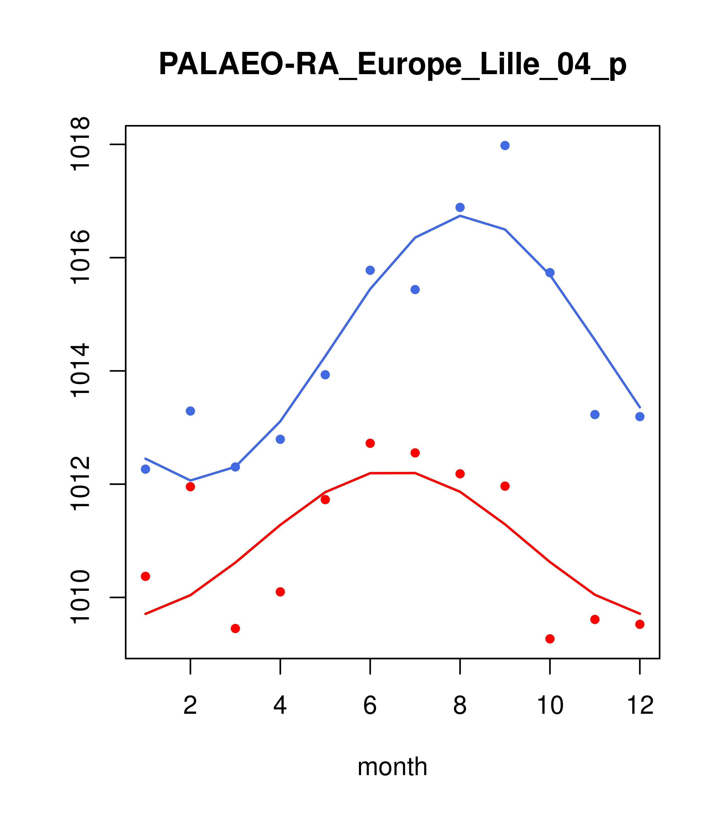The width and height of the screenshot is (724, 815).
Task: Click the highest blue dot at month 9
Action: (x=505, y=145)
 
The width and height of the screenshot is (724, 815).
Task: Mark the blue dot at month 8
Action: (x=460, y=207)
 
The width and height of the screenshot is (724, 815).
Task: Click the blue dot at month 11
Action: (x=595, y=415)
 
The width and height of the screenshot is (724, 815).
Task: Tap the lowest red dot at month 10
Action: (x=550, y=639)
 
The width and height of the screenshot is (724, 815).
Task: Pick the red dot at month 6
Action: (x=370, y=443)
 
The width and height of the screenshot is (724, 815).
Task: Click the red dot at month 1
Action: (x=145, y=576)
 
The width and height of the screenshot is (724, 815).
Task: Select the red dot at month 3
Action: (x=236, y=628)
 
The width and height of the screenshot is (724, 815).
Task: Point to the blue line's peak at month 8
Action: (x=460, y=216)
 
